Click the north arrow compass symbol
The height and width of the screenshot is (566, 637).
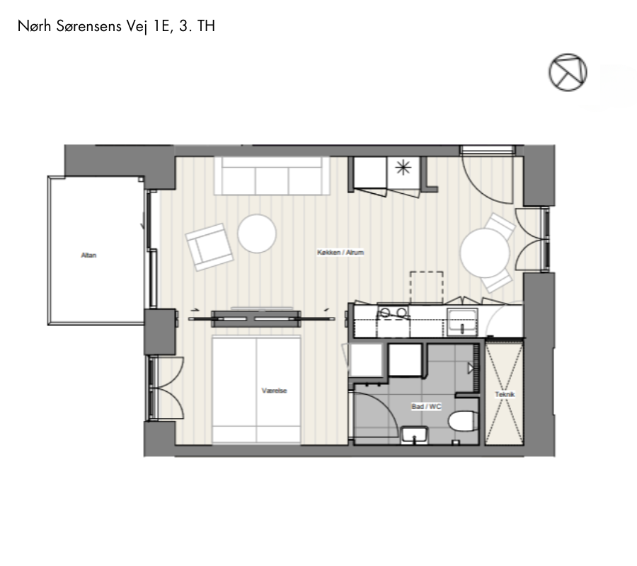(x=568, y=72)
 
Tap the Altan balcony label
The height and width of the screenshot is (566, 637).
(x=88, y=255)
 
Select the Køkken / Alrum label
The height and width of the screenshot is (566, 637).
(x=340, y=252)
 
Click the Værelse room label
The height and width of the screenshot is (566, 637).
(x=275, y=391)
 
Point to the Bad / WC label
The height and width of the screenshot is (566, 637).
(x=426, y=406)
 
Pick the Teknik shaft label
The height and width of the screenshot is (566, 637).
(x=505, y=394)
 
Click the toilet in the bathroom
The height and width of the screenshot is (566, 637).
(x=464, y=421)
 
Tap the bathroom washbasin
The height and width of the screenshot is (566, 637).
(x=414, y=435)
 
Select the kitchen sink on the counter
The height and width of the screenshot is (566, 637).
(x=462, y=322)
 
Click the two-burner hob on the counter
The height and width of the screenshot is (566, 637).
(x=393, y=313)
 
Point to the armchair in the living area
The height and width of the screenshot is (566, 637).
(x=210, y=247)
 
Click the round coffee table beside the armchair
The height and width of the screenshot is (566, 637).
(x=257, y=234)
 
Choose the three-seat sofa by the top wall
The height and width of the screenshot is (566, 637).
(x=272, y=175)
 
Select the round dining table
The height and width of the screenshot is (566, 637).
(x=485, y=253)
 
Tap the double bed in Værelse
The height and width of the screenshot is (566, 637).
(x=256, y=389)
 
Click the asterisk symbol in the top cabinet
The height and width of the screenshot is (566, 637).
(x=403, y=167)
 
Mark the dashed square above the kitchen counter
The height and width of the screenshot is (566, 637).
(x=427, y=287)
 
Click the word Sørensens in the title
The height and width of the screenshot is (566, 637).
(x=89, y=26)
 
